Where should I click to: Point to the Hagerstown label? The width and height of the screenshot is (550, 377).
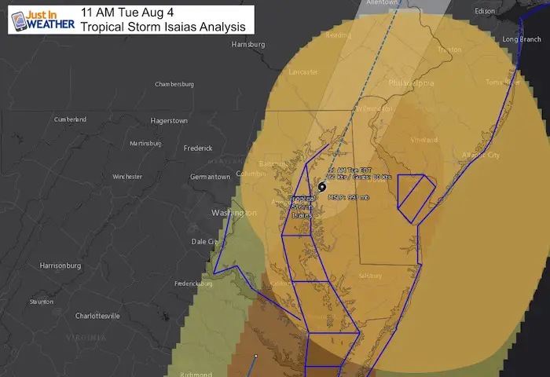point(169,121)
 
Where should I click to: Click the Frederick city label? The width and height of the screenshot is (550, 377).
point(197,148)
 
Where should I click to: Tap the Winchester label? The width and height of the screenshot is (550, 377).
point(127,177)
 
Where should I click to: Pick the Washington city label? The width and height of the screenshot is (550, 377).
point(233,213)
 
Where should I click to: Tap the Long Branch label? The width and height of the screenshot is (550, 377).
point(522,39)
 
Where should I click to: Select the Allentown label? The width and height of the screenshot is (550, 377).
point(383,4)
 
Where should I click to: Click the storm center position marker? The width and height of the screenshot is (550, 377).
point(322,187)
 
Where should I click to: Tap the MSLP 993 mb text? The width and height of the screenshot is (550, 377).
point(348,196)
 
